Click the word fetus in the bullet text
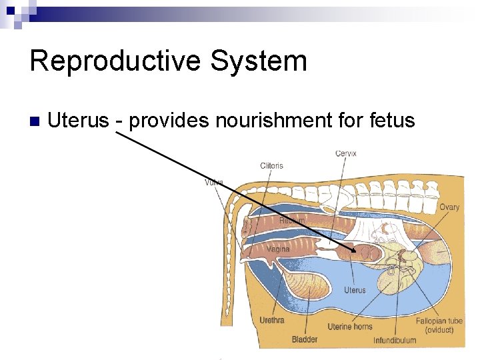(x=390, y=121)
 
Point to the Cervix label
(x=345, y=153)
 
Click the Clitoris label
(x=271, y=165)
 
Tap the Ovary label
(x=449, y=207)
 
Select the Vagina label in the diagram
(x=278, y=249)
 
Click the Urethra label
(x=272, y=320)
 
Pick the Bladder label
(x=305, y=339)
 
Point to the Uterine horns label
(x=350, y=327)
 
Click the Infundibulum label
(x=395, y=340)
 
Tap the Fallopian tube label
(x=439, y=321)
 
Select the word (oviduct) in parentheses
(x=439, y=330)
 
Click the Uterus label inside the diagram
(x=355, y=290)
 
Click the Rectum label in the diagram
(x=292, y=220)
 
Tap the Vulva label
(x=214, y=182)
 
